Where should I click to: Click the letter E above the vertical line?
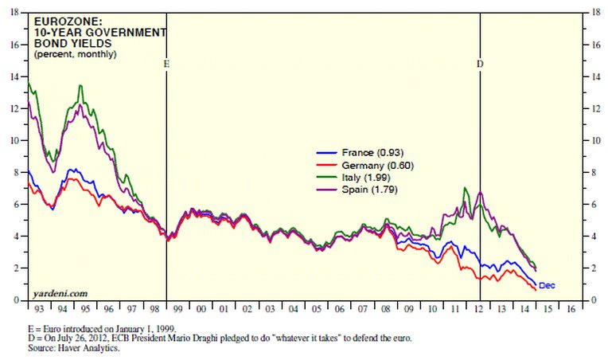[166, 63]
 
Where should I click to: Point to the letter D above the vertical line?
[480, 63]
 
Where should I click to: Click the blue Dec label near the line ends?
[547, 285]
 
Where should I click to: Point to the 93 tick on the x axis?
[39, 308]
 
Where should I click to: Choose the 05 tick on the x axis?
[316, 308]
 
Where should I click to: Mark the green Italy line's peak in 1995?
[80, 85]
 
